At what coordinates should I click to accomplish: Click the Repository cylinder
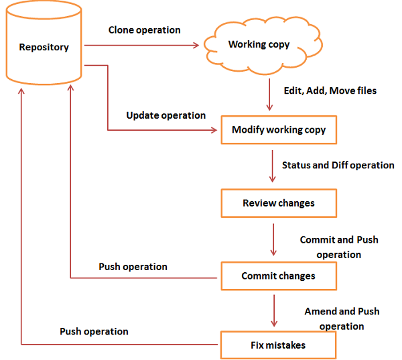(x=44, y=48)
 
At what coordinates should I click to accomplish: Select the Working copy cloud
(x=259, y=45)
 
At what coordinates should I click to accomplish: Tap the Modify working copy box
(x=278, y=130)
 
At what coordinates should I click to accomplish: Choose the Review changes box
(x=278, y=203)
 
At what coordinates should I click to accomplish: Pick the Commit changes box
(x=278, y=276)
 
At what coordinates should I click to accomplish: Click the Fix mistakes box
(x=278, y=345)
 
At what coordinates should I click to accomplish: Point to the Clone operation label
(x=144, y=30)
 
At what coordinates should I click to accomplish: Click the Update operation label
(x=166, y=115)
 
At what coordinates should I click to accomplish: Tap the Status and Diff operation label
(x=338, y=165)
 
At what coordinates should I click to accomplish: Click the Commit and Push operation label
(x=339, y=247)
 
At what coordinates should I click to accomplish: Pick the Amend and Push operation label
(x=342, y=318)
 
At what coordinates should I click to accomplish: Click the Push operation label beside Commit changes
(x=133, y=266)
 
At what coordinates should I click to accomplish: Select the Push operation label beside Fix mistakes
(x=94, y=331)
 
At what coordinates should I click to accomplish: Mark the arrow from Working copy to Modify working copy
(x=269, y=95)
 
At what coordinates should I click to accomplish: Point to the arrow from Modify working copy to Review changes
(x=273, y=166)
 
